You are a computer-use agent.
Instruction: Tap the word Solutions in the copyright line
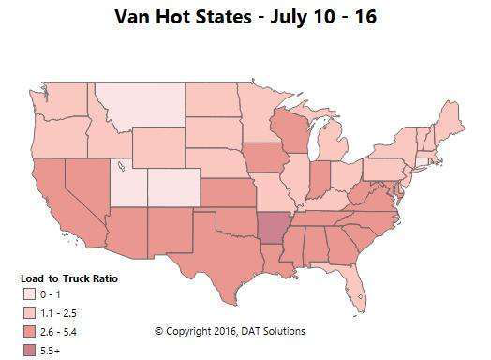point(283,331)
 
